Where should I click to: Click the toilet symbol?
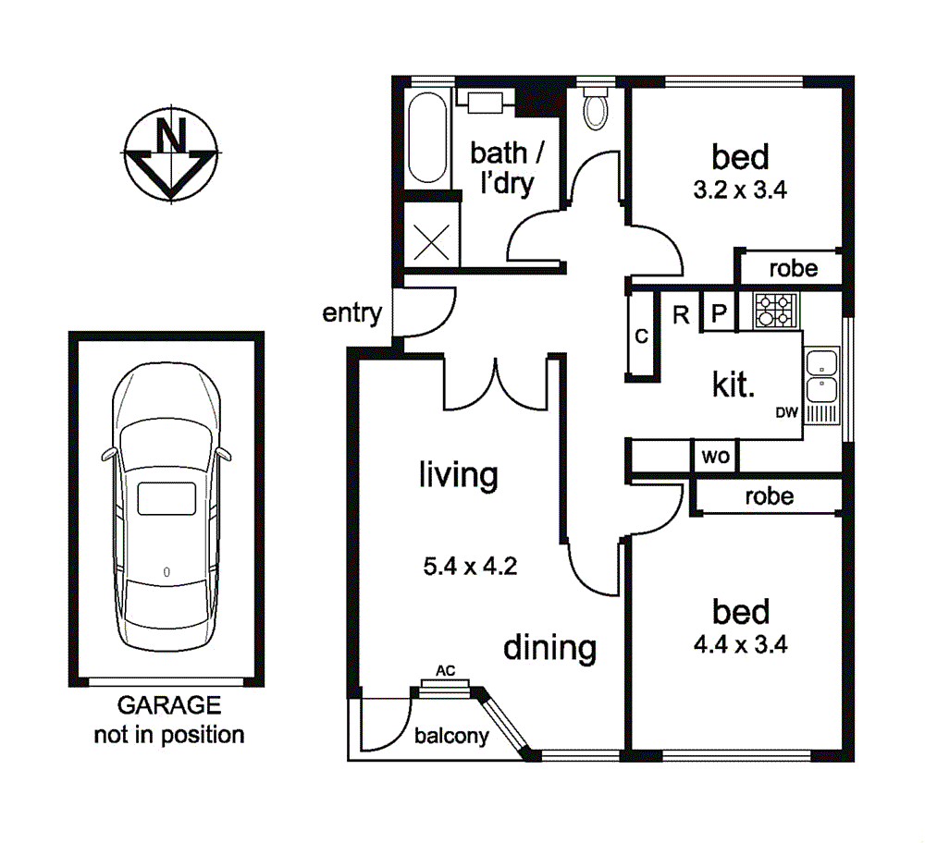pos(595,108)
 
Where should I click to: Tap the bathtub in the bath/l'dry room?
pos(427,138)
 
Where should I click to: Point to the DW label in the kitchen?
pos(786,412)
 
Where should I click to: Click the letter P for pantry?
pos(719,313)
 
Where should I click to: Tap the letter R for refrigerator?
pos(682,315)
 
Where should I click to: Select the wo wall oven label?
pos(716,456)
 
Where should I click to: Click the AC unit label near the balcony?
pos(446,670)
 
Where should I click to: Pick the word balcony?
pos(451,736)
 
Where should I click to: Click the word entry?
pos(352,313)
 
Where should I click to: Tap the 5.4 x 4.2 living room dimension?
pos(470,566)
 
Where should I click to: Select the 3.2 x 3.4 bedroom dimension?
pos(740,189)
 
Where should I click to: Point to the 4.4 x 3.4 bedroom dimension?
pos(741,644)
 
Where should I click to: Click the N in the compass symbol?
pos(170,134)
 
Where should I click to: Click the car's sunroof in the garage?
pos(166,499)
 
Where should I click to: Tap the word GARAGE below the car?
pos(169,705)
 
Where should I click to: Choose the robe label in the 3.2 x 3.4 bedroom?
pos(794,269)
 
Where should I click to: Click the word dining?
pos(549,648)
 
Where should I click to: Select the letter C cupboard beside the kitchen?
pos(641,336)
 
